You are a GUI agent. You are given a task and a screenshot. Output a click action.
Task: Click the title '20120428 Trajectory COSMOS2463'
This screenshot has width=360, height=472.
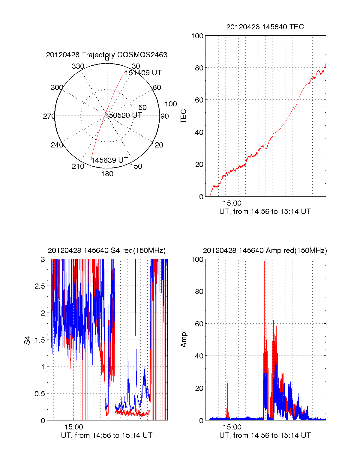[x=106, y=55]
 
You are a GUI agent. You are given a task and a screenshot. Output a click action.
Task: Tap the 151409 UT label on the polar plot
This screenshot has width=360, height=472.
[x=143, y=73]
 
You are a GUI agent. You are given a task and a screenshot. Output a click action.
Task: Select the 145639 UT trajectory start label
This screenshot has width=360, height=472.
[x=109, y=160]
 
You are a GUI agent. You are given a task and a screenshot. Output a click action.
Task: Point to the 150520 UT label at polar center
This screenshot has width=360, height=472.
[x=124, y=115]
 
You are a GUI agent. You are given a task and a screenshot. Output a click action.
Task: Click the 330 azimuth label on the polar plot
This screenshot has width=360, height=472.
[x=78, y=66]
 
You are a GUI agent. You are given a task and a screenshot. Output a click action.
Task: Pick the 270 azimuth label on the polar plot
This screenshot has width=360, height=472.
[x=49, y=116]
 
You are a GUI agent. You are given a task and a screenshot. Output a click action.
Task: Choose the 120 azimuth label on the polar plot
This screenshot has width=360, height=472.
[x=157, y=145]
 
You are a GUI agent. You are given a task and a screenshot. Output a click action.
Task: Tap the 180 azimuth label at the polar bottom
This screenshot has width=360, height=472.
[x=107, y=174]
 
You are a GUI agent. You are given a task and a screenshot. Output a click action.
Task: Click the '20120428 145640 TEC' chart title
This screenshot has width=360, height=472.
[x=265, y=27]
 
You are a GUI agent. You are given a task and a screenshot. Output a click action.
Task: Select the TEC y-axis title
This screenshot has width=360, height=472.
[x=183, y=116]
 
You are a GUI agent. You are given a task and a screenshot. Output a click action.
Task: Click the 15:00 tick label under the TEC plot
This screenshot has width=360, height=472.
[x=232, y=203]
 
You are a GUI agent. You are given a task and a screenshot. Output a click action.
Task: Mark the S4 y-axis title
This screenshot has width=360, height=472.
[x=27, y=340]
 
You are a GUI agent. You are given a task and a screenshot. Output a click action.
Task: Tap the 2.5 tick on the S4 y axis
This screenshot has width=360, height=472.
[x=40, y=286]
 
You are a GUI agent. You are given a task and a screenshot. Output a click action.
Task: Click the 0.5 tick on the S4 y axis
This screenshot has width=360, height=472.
[x=40, y=394]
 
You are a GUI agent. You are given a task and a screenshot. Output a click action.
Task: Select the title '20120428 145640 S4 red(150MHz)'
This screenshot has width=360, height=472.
[x=106, y=251]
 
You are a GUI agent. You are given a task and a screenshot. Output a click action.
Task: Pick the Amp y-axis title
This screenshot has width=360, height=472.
[x=183, y=340]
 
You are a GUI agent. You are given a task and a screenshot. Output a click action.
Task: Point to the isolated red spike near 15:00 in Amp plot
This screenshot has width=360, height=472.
[x=227, y=399]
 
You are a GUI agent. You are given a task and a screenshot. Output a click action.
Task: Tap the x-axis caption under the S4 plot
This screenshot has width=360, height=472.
[x=106, y=435]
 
